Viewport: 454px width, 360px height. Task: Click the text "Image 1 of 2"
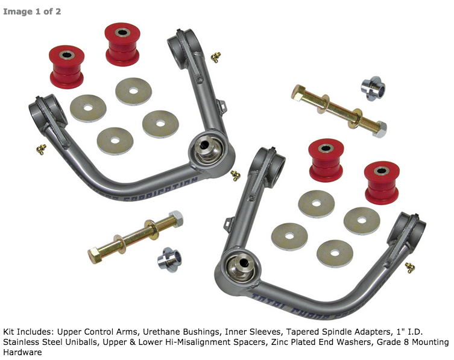coord(32,11)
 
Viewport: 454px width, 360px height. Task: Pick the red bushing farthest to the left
coord(66,65)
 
